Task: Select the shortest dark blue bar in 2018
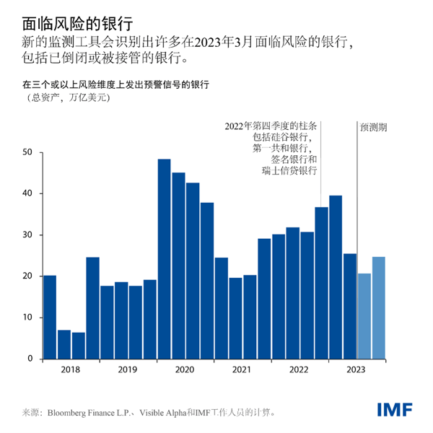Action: point(78,346)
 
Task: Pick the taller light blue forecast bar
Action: point(379,307)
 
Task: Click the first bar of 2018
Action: point(50,317)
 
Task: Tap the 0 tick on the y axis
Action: point(30,359)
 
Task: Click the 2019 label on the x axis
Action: point(128,369)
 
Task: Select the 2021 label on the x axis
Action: point(242,369)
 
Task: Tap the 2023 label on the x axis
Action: point(357,369)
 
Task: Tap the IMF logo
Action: point(394,410)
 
